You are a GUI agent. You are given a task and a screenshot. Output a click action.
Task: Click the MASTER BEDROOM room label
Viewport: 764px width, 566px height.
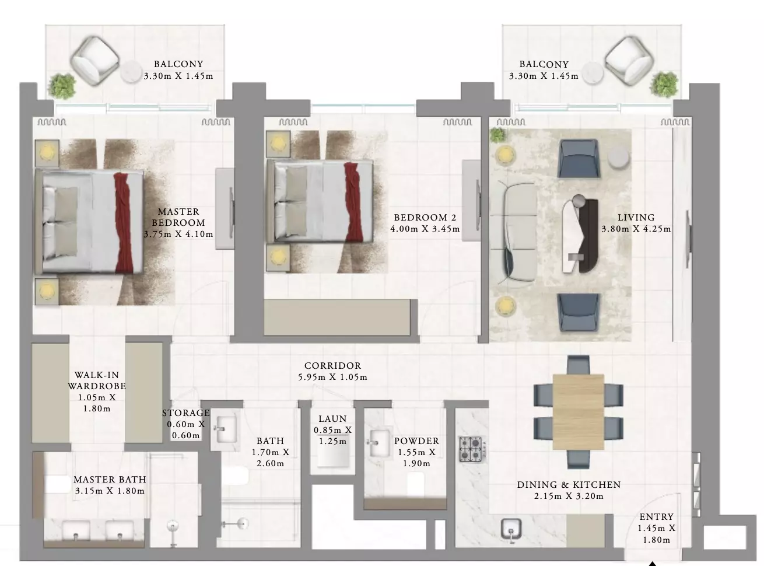point(178,217)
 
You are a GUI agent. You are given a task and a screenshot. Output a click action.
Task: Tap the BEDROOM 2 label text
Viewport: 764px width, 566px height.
point(425,218)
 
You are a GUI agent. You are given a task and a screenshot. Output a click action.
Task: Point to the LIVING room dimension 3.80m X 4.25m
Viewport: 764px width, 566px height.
point(636,229)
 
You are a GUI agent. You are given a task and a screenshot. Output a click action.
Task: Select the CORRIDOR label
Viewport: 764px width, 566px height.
point(333,365)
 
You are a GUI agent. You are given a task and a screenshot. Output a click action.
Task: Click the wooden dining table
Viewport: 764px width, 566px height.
point(579,412)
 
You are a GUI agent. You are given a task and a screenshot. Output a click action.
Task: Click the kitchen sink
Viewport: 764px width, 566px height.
point(511,529)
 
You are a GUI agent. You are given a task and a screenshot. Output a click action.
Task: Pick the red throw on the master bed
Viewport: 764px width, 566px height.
point(123,223)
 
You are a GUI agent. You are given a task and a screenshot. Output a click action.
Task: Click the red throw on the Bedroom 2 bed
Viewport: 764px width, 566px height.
point(354,202)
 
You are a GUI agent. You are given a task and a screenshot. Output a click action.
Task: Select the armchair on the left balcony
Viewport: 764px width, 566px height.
point(94,61)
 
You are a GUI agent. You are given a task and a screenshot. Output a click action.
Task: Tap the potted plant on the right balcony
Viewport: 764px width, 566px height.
point(664,85)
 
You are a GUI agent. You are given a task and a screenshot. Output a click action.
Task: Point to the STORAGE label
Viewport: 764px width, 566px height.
point(186,413)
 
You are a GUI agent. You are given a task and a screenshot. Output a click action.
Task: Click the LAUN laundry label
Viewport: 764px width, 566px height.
point(332,418)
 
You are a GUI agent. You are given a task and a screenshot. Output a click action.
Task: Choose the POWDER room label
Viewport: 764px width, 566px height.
point(416,441)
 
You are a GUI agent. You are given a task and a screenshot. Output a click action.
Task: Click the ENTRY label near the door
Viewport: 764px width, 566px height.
point(657,517)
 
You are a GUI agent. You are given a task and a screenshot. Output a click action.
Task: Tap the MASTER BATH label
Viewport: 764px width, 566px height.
point(110,480)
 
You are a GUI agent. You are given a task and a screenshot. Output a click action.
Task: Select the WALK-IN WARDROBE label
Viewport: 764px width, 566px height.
point(97,380)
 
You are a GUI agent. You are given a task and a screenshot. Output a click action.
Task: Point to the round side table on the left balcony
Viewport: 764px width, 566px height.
point(132,71)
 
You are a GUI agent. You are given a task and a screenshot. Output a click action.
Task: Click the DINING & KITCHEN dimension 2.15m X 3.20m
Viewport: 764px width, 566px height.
point(569,496)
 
